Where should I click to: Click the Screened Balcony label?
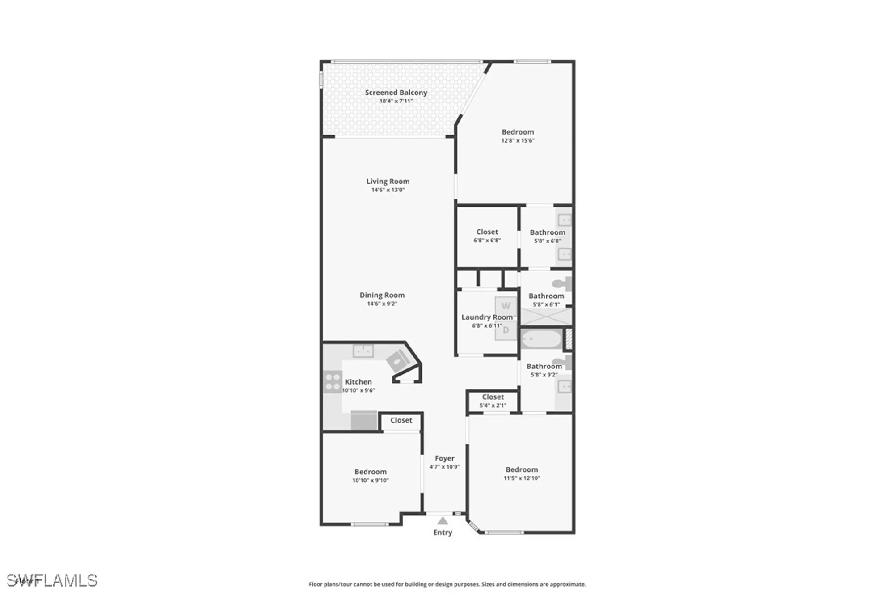[x=396, y=93]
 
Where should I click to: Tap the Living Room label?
[x=388, y=181]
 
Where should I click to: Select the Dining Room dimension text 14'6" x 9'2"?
[x=382, y=304]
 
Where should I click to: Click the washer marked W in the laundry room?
[x=506, y=306]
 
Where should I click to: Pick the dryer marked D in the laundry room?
[x=506, y=330]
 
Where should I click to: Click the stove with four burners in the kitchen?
[x=333, y=382]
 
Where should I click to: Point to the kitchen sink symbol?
[x=363, y=351]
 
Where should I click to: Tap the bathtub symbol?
[x=541, y=339]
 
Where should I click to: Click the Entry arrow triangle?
[x=443, y=521]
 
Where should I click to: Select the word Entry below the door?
[x=443, y=533]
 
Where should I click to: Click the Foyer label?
[x=445, y=458]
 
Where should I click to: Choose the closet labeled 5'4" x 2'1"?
[x=493, y=401]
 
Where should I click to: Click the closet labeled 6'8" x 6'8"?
[x=487, y=236]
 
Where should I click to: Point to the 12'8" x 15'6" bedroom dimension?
[x=518, y=140]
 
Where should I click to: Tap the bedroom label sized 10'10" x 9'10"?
[x=371, y=472]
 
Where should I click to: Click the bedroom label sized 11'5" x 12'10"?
[x=522, y=470]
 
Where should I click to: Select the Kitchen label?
[x=358, y=382]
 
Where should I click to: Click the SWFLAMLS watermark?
[x=52, y=580]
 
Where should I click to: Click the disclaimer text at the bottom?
[x=447, y=584]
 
